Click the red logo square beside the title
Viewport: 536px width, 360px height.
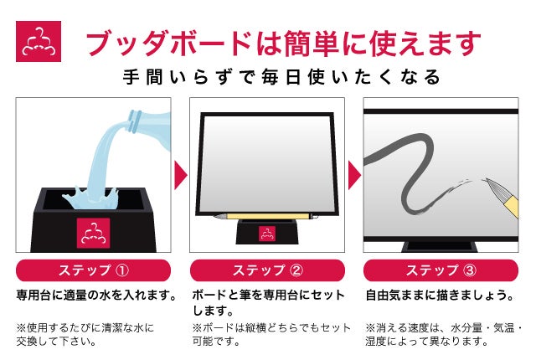tap(39, 41)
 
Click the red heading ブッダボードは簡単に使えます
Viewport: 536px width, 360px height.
tap(283, 43)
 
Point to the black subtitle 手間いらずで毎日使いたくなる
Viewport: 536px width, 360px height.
tap(281, 76)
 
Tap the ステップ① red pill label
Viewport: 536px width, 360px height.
tap(93, 270)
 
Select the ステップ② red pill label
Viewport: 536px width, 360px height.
tap(267, 270)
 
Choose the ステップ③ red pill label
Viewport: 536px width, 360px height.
tap(441, 270)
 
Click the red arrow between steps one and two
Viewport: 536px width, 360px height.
tap(180, 175)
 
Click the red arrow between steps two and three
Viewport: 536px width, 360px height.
tap(354, 175)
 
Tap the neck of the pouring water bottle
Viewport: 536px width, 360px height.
tap(135, 121)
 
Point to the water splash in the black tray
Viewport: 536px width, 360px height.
tap(90, 198)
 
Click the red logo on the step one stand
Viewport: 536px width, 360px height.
tap(93, 233)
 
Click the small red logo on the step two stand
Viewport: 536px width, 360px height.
tap(267, 234)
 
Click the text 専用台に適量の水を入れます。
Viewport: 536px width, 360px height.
tap(97, 295)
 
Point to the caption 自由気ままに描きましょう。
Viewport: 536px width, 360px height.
tap(440, 295)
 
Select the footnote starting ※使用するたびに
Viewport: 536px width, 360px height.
tap(85, 334)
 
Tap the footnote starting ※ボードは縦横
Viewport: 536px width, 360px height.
tap(271, 334)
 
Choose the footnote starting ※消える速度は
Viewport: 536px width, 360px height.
tap(443, 334)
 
